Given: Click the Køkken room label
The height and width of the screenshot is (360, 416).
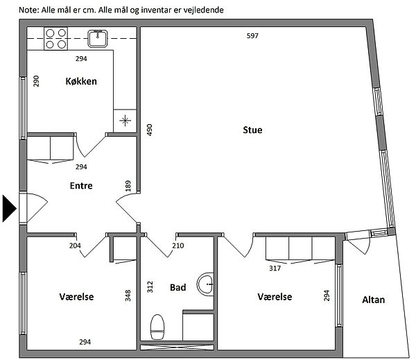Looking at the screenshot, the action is [81, 81].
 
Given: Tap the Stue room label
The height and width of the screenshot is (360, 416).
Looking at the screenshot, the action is [252, 130].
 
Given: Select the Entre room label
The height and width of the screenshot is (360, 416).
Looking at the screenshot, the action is [81, 185].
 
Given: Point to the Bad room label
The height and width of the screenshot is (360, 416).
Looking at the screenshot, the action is [177, 287].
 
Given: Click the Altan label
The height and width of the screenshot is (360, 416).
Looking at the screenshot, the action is [373, 300].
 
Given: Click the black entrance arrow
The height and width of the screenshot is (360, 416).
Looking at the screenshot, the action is [10, 208].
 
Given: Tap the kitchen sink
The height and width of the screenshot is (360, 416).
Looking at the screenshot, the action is [98, 39].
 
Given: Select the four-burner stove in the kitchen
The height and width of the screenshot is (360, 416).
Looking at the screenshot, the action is [56, 39].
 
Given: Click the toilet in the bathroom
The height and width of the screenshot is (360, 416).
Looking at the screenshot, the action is [157, 327].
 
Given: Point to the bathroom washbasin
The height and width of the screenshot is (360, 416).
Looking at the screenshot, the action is [205, 284].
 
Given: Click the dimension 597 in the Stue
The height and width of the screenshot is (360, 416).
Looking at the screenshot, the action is [252, 36].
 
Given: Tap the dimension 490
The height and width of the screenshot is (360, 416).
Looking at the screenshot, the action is [150, 130].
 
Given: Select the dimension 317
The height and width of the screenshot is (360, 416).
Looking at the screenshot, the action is [275, 268].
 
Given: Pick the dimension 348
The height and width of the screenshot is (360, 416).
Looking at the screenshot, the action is [128, 295].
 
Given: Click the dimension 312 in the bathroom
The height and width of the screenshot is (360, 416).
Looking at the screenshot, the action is [150, 287].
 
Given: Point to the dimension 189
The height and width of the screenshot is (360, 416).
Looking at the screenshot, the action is [128, 186].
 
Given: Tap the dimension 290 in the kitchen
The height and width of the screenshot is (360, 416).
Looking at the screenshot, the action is [36, 81].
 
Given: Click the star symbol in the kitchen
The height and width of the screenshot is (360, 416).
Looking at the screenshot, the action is [125, 121].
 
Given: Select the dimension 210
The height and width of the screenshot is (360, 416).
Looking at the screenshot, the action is [178, 246].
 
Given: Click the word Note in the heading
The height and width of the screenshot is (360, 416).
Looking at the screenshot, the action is [29, 10].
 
